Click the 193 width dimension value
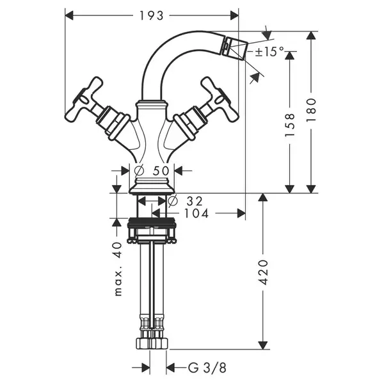(151, 16)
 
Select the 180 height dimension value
(311, 110)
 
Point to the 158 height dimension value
(290, 125)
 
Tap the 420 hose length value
(263, 273)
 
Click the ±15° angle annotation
(269, 51)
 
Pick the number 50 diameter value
(161, 171)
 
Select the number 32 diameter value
(195, 202)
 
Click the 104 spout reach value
(196, 213)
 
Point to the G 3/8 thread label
(207, 368)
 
